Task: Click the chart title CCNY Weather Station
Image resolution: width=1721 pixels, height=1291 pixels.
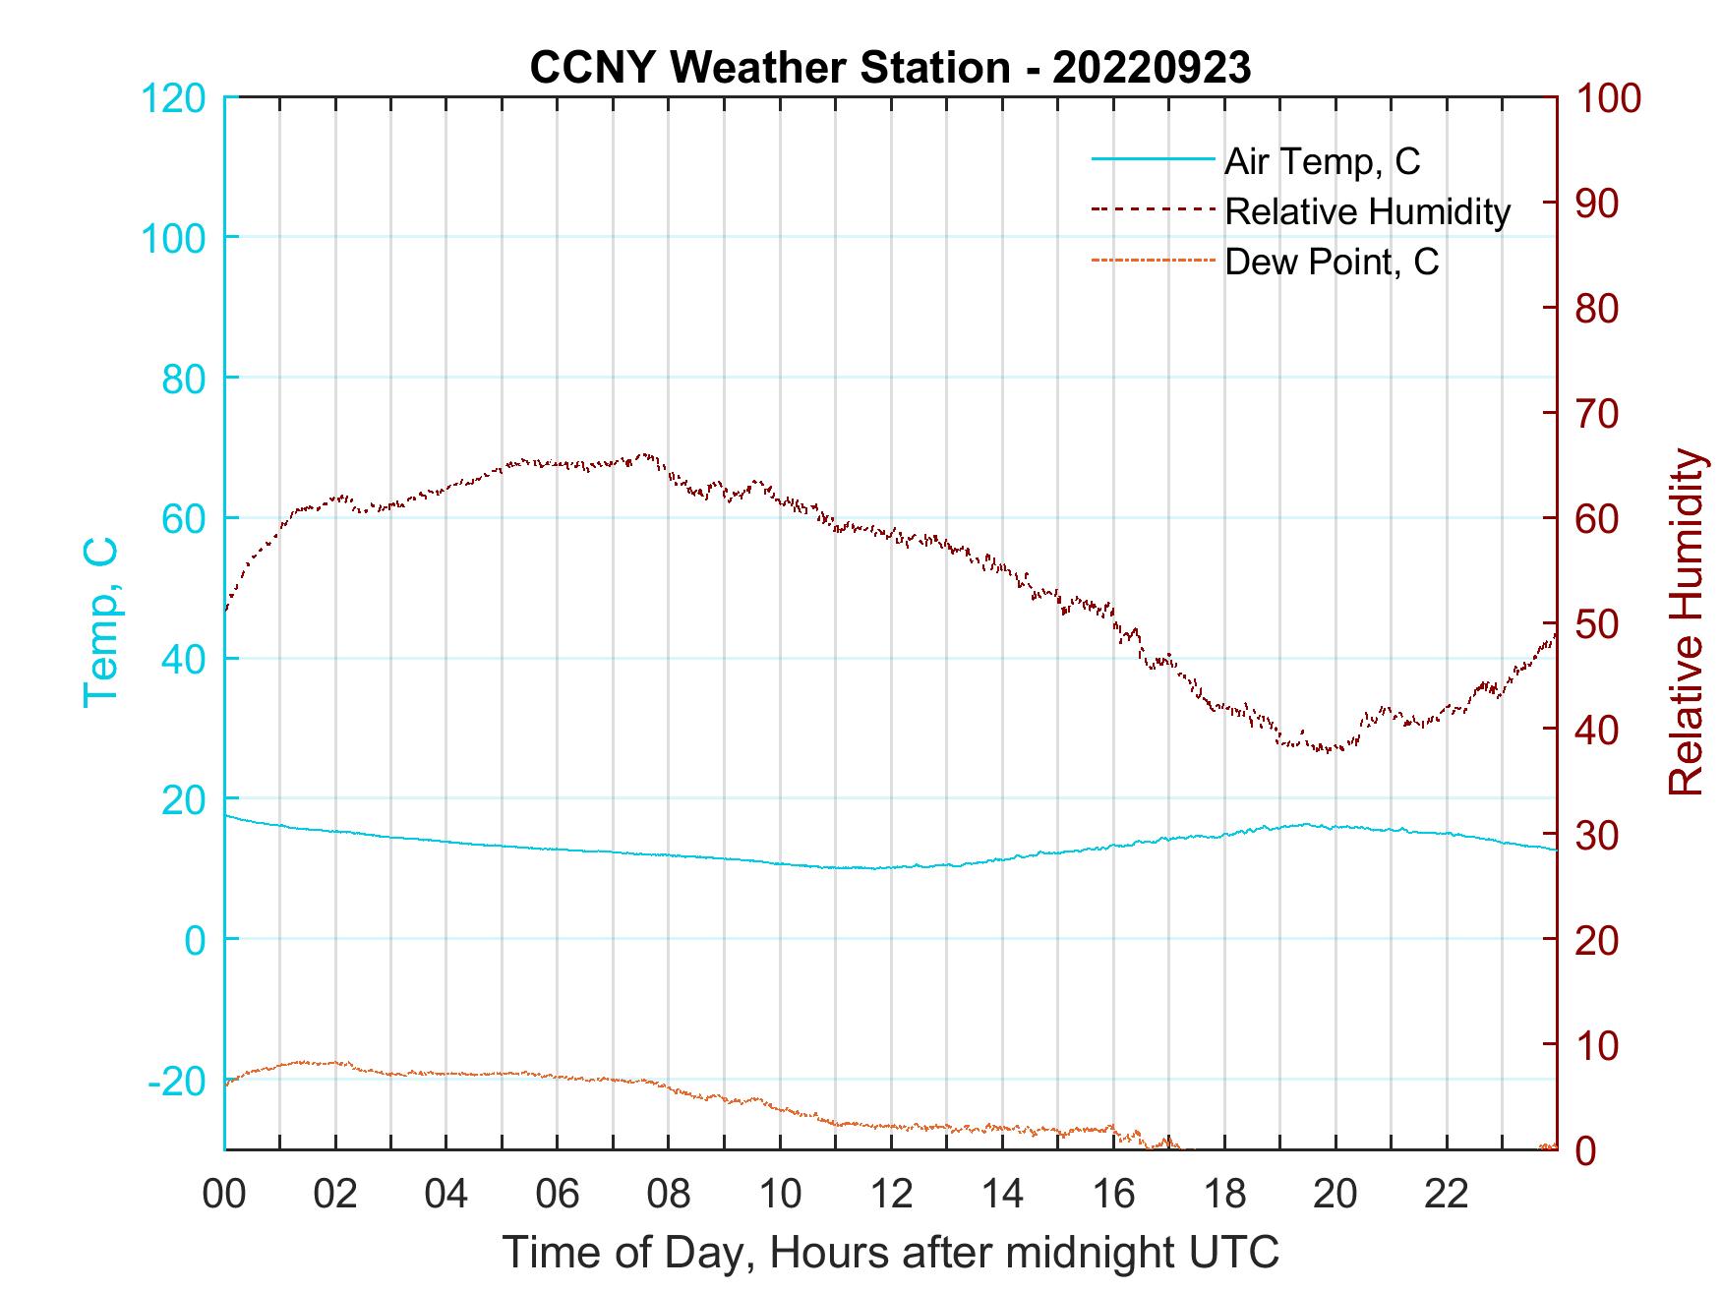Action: (x=890, y=68)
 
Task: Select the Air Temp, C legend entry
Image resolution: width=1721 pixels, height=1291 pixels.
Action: (x=1322, y=161)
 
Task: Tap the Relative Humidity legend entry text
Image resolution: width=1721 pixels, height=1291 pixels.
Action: (x=1367, y=211)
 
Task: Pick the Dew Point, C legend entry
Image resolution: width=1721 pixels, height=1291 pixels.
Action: (x=1331, y=262)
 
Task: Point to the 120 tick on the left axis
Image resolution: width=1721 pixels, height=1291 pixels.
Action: (x=173, y=98)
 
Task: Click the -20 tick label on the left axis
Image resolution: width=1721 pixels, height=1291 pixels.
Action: (x=177, y=1082)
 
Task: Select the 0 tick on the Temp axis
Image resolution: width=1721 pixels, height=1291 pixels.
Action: (x=196, y=940)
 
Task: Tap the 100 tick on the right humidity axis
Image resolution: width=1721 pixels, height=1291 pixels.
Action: (x=1609, y=98)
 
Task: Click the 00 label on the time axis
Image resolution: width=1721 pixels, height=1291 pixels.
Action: (x=224, y=1195)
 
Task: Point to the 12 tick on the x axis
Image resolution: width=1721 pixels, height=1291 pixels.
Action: (x=891, y=1195)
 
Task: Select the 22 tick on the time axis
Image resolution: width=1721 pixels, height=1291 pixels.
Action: (x=1447, y=1195)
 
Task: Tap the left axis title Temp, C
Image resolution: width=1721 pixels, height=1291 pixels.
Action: (x=100, y=622)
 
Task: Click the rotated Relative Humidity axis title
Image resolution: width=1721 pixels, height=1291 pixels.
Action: (x=1685, y=622)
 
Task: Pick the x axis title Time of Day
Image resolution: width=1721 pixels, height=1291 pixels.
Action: (x=890, y=1253)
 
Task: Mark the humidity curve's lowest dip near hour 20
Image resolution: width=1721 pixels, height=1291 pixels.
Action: (x=1328, y=751)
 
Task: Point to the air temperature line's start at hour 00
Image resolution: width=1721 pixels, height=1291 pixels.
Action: (x=226, y=816)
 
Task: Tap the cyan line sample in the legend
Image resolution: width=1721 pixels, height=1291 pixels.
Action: (x=1152, y=159)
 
